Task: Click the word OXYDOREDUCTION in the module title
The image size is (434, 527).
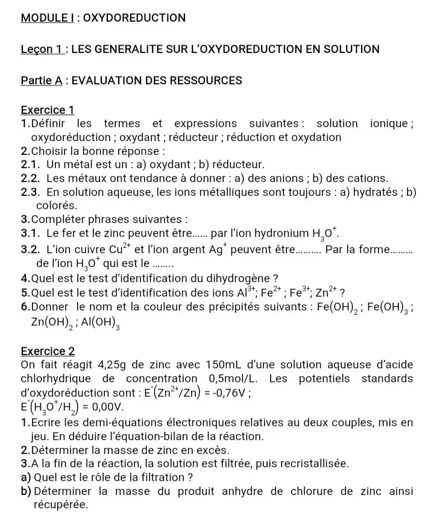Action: pos(134,17)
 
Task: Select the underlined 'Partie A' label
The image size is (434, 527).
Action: pos(42,80)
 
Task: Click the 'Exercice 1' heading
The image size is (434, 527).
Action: pos(47,110)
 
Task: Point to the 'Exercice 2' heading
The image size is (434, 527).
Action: pos(48,350)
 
